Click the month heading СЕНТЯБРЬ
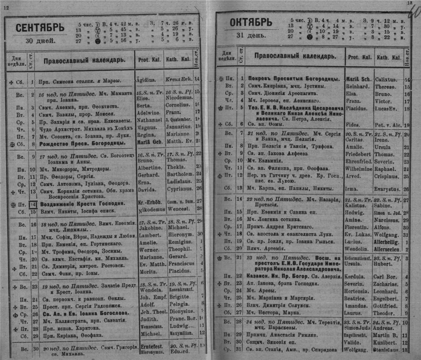[39, 28]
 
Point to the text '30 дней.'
[39, 39]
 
